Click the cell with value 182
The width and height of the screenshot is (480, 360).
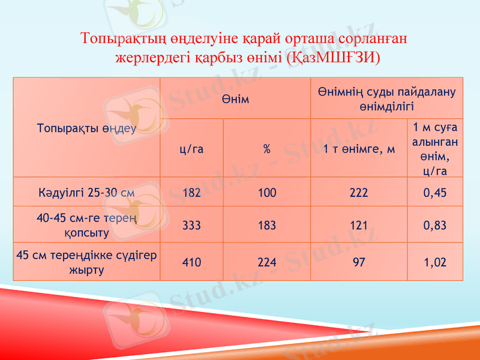(x=192, y=193)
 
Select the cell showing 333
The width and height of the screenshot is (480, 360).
(x=192, y=226)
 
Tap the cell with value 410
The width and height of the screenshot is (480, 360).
(x=192, y=262)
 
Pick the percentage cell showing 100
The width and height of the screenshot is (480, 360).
(x=267, y=193)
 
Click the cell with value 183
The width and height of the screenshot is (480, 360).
(x=267, y=226)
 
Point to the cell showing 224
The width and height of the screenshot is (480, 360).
(x=267, y=262)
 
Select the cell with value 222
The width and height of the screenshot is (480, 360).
(x=359, y=193)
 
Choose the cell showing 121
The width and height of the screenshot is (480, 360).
(x=359, y=226)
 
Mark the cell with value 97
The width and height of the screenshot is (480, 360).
(x=359, y=262)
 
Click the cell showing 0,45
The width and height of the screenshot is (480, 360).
(x=435, y=193)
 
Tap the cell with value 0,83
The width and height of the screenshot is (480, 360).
(x=435, y=226)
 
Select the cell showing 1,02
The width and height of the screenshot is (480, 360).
(x=435, y=262)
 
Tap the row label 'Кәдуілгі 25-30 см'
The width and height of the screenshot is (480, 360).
(x=86, y=193)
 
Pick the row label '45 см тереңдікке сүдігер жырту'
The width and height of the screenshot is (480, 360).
(x=86, y=262)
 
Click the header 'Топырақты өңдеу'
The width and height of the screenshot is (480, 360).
(x=86, y=128)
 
